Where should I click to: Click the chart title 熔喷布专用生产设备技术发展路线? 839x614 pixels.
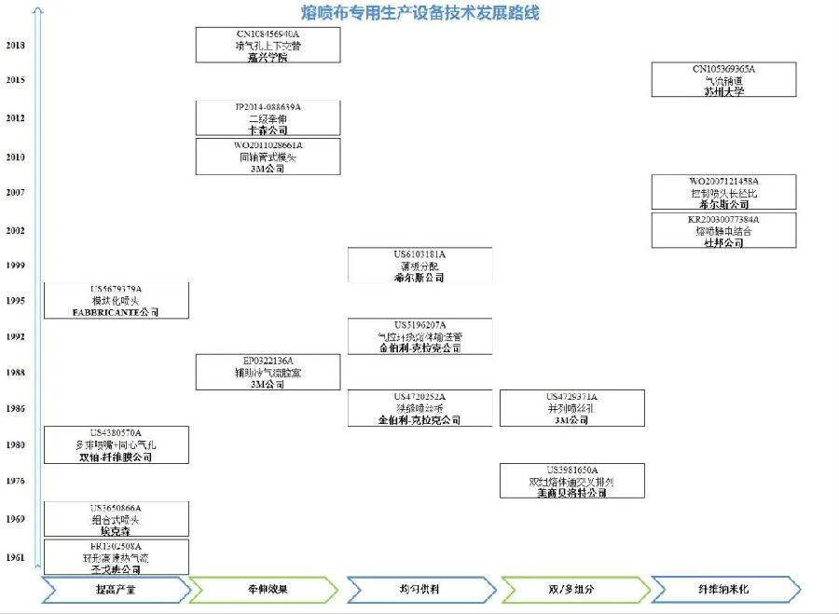[419, 13]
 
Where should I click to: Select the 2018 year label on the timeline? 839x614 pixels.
[16, 45]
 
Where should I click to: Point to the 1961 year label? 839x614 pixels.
[16, 557]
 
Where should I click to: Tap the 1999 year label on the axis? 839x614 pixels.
[16, 266]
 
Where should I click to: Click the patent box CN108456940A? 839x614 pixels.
[268, 45]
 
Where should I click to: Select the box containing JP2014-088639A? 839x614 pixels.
[268, 118]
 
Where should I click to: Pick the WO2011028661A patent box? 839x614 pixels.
[268, 157]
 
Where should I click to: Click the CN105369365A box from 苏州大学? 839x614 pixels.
[723, 80]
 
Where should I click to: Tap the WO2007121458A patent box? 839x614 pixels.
[723, 192]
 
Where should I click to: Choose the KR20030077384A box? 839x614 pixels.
[723, 230]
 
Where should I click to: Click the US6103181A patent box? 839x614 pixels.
[419, 266]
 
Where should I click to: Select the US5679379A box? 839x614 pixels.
[117, 301]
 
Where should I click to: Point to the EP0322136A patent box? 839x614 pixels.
[268, 372]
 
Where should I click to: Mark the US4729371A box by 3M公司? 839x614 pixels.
[571, 408]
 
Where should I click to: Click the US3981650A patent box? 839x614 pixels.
[571, 481]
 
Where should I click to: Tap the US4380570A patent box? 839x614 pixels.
[117, 444]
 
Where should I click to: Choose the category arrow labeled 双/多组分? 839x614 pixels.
[571, 590]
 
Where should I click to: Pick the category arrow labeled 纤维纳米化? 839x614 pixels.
[723, 590]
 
